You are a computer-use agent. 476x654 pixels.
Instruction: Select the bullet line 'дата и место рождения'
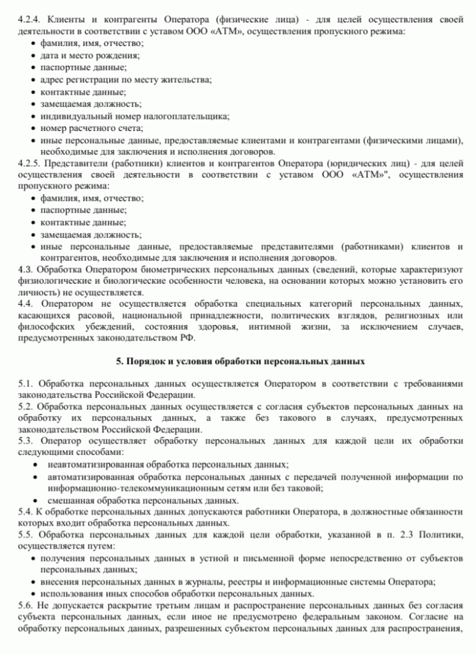pyautogui.click(x=90, y=56)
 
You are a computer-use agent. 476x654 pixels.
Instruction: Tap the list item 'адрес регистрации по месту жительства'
pyautogui.click(x=125, y=80)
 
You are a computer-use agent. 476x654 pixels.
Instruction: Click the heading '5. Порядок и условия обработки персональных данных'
pyautogui.click(x=240, y=361)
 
